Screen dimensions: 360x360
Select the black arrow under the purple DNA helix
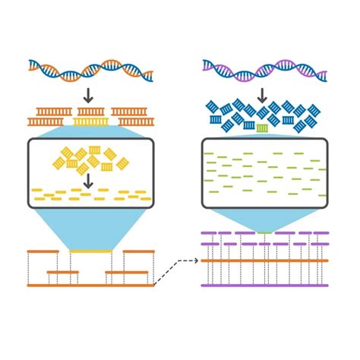(x=262, y=95)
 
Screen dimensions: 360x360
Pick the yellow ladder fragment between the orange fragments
(x=90, y=121)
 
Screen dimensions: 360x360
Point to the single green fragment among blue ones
(x=262, y=127)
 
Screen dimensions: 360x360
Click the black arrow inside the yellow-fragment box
(x=89, y=182)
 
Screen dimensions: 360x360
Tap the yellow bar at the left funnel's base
(x=90, y=250)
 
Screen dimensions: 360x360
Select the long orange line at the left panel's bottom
(x=90, y=286)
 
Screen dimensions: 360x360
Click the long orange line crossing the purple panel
(x=264, y=261)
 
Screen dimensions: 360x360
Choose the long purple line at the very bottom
(x=264, y=286)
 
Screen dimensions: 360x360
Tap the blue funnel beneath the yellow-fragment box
(x=90, y=228)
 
